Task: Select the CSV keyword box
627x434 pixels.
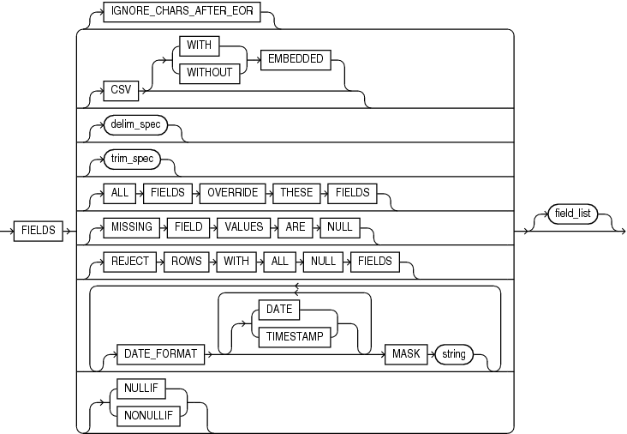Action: click(121, 87)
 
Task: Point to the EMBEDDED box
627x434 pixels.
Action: click(294, 58)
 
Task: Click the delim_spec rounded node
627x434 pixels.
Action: click(135, 125)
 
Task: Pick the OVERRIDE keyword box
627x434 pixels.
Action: click(232, 193)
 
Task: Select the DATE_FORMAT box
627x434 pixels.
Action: click(162, 354)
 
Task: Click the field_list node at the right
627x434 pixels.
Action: click(573, 214)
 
